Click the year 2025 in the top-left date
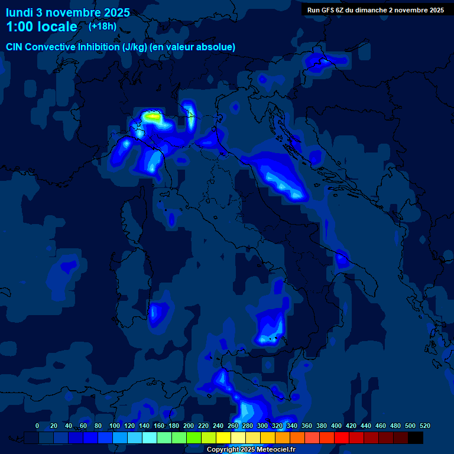tap(115, 12)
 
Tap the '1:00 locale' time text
tap(41, 27)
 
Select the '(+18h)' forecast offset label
tap(102, 26)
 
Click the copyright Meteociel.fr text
tap(251, 449)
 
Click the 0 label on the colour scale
tap(37, 426)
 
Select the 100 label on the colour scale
tap(115, 426)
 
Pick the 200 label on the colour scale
tap(189, 426)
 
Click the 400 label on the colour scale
tap(336, 426)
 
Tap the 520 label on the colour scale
tap(424, 426)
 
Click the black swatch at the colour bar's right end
tap(416, 437)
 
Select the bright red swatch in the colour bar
tap(342, 437)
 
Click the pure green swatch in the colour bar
tap(194, 437)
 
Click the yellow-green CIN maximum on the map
tap(154, 117)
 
